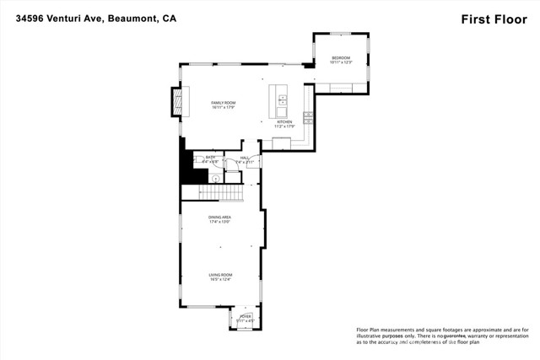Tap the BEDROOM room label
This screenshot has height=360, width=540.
click(341, 58)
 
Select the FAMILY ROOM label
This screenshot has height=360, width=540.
click(223, 103)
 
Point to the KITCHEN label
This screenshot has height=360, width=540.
click(284, 121)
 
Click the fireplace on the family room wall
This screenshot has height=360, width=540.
click(178, 101)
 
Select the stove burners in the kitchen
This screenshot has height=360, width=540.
click(308, 118)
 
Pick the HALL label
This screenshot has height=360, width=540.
click(245, 157)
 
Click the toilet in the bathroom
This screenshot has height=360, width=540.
click(214, 178)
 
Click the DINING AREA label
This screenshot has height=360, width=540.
click(220, 218)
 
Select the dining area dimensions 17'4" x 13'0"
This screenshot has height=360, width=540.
click(220, 223)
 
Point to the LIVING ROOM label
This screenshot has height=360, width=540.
click(221, 275)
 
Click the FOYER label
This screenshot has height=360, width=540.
click(246, 316)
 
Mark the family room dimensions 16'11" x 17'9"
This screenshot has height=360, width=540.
click(223, 108)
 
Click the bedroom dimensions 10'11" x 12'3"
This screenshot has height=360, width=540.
click(341, 63)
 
